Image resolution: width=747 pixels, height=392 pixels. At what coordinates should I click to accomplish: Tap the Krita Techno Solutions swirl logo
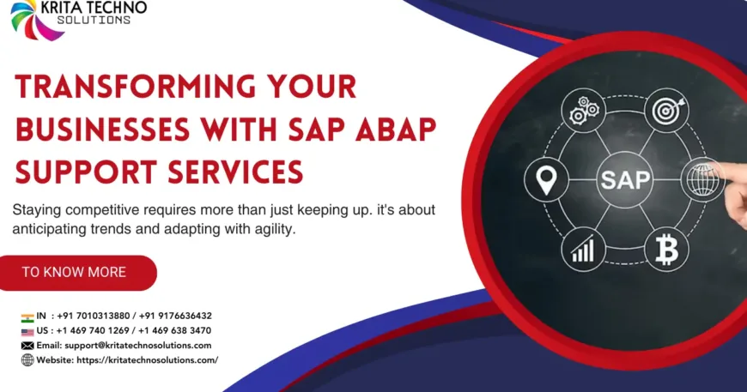pyautogui.click(x=36, y=19)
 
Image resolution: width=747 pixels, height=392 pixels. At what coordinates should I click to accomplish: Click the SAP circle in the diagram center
pyautogui.click(x=625, y=180)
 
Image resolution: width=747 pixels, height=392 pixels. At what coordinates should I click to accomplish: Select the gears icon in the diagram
pyautogui.click(x=583, y=109)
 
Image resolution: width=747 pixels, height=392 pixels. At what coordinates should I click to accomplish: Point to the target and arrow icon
pyautogui.click(x=666, y=110)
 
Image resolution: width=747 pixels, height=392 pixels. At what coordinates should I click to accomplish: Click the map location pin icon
pyautogui.click(x=544, y=180)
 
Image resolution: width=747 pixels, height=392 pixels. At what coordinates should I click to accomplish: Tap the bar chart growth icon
pyautogui.click(x=584, y=250)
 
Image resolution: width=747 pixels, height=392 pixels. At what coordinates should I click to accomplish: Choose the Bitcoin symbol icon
pyautogui.click(x=666, y=250)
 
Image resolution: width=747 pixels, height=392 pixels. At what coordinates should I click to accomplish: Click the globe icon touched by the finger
pyautogui.click(x=702, y=180)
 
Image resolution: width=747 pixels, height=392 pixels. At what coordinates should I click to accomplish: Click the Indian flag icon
pyautogui.click(x=27, y=316)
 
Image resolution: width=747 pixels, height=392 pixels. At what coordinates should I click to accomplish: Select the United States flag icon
pyautogui.click(x=27, y=330)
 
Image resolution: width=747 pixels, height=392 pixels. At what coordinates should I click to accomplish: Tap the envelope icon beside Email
pyautogui.click(x=27, y=345)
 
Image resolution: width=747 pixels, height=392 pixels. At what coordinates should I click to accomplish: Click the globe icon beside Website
pyautogui.click(x=27, y=360)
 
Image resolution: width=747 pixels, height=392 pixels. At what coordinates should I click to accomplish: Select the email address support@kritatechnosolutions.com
pyautogui.click(x=137, y=345)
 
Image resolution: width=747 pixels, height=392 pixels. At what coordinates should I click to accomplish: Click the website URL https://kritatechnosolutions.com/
pyautogui.click(x=149, y=360)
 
